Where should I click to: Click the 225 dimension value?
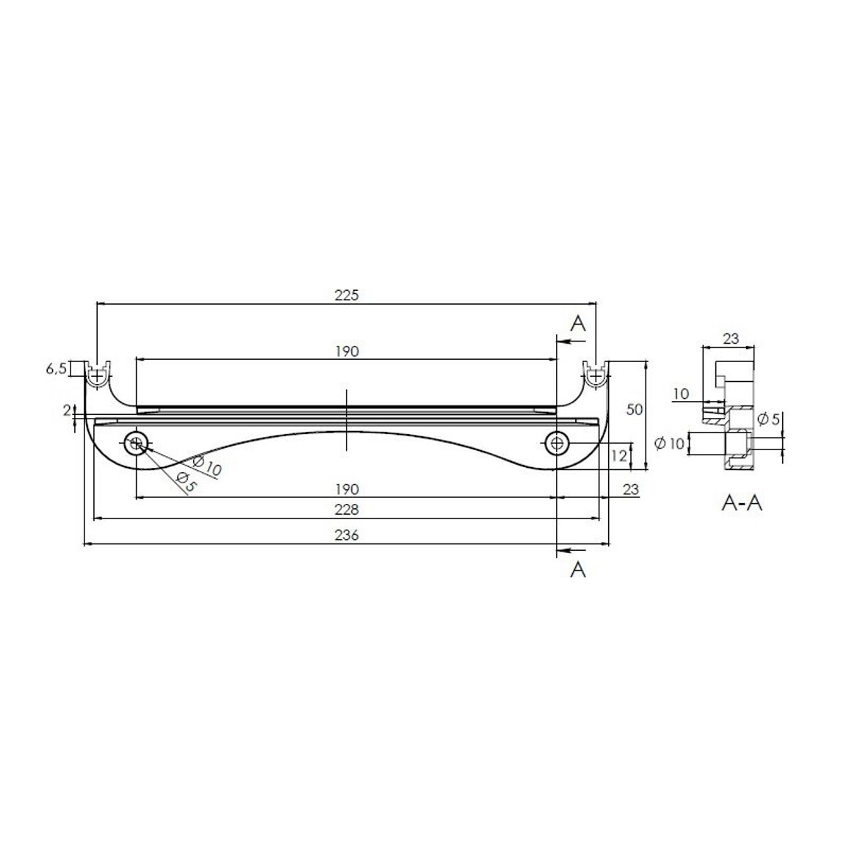point(347,295)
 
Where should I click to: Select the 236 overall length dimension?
point(347,535)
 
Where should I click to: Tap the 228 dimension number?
point(347,510)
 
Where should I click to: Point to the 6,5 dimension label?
point(56,369)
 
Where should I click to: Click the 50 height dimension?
point(634,409)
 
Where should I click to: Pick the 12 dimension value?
point(618,455)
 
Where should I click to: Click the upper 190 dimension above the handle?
point(347,351)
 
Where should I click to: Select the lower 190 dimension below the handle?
point(347,489)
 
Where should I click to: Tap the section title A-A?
point(742,504)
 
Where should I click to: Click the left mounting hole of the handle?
point(136,444)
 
